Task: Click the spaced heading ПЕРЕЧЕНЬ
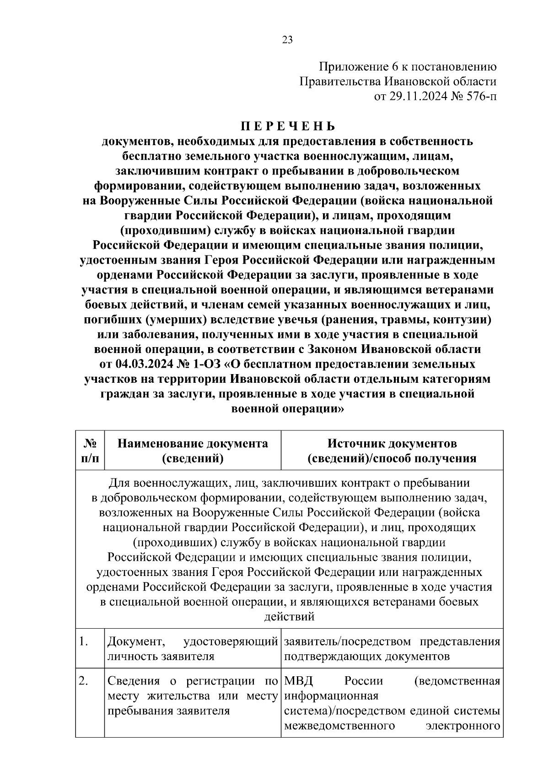pos(288,126)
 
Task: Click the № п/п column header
pos(90,451)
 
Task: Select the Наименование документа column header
pos(193,451)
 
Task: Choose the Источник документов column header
pos(392,451)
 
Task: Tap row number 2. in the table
pos(83,681)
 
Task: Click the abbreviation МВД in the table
pos(299,681)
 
